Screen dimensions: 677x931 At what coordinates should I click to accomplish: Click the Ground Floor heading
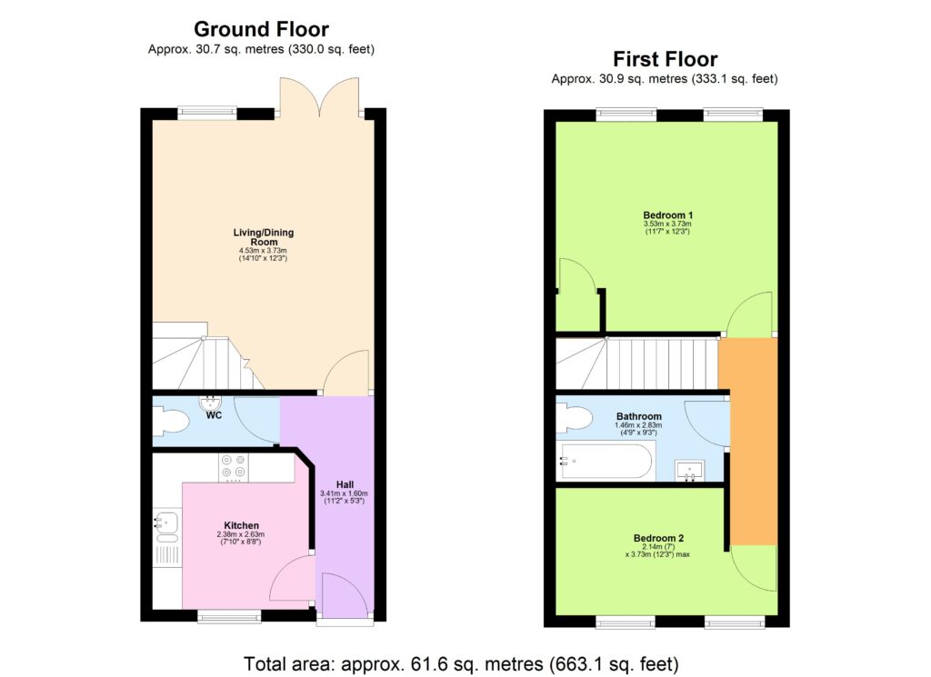[261, 30]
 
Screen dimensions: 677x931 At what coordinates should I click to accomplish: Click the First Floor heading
[665, 59]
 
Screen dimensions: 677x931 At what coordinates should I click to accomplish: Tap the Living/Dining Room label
[263, 237]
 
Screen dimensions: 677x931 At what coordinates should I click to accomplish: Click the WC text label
[214, 415]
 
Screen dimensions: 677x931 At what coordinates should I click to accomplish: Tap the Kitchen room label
[242, 525]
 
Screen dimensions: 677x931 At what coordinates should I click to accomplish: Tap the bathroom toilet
[575, 418]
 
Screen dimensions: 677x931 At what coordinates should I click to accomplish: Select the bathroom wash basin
[690, 470]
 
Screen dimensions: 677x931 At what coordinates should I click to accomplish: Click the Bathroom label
[638, 416]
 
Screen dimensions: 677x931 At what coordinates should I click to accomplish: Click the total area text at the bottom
[461, 663]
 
